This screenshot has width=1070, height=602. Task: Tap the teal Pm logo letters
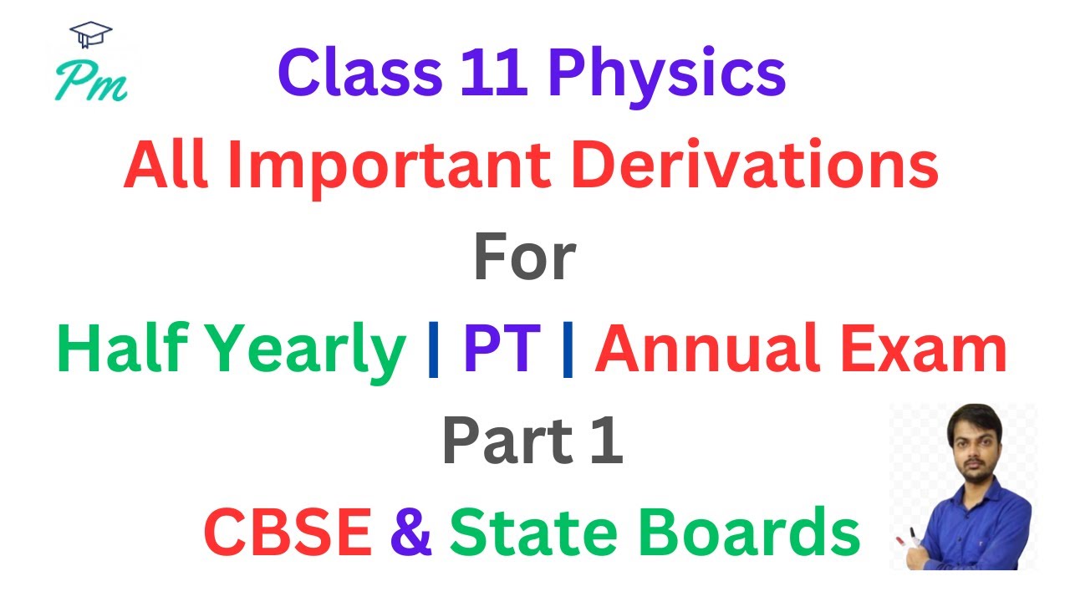pyautogui.click(x=90, y=82)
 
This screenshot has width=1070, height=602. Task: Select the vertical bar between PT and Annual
pyautogui.click(x=568, y=351)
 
